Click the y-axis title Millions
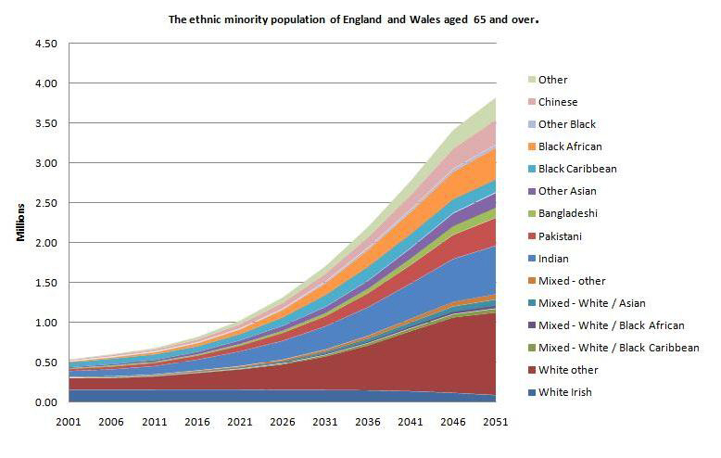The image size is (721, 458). point(20,223)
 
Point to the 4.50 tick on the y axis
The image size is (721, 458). point(45,44)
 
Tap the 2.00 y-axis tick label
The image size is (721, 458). point(45,243)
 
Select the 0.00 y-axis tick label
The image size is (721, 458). point(45,402)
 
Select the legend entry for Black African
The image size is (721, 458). point(570,146)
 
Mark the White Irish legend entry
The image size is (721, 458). point(564,392)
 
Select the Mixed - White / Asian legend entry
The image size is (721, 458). point(591,303)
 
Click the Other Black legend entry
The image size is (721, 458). point(567,124)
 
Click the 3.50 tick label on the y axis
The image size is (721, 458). point(45,123)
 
